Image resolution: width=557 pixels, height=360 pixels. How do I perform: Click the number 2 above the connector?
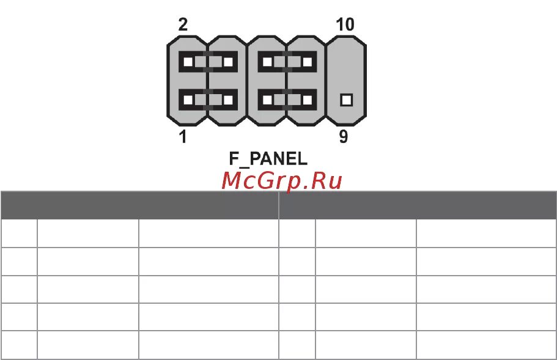183,25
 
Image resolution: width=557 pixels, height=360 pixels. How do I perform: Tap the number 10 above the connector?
345,25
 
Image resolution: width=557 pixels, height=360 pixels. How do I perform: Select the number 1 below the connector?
183,137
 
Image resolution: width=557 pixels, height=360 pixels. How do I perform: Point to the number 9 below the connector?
344,137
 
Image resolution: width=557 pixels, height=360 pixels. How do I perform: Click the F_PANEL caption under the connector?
268,159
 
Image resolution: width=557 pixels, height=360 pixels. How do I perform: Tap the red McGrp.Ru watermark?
281,180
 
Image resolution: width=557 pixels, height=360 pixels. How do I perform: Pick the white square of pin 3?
228,99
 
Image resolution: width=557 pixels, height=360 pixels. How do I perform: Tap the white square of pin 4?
228,62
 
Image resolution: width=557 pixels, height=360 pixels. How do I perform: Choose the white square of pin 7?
308,99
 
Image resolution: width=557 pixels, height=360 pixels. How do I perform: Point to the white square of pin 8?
308,62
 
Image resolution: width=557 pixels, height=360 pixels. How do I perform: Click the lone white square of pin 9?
347,99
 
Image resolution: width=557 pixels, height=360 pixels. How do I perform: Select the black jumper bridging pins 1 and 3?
208,99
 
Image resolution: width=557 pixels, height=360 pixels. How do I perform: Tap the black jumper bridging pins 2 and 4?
208,62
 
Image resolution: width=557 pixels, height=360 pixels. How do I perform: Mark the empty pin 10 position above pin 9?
347,62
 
